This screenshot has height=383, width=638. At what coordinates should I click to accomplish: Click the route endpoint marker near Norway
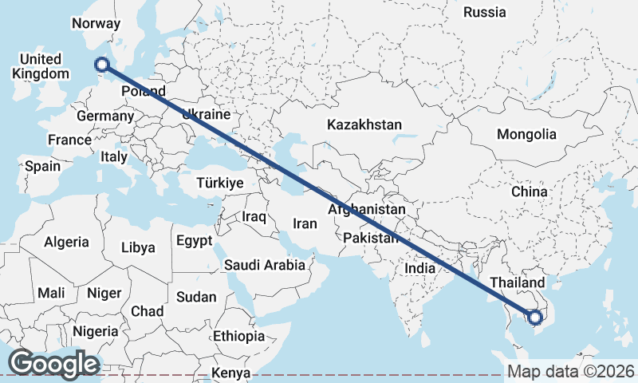click(x=101, y=65)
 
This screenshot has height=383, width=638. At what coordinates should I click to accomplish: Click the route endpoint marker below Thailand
click(x=535, y=318)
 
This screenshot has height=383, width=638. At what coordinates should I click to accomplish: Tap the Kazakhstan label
click(x=364, y=124)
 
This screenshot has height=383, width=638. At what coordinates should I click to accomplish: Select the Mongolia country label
click(x=526, y=134)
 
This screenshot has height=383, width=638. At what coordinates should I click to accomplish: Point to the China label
click(x=530, y=192)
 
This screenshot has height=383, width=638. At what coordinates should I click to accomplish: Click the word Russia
click(x=484, y=12)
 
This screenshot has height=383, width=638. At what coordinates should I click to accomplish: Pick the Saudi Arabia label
click(x=264, y=265)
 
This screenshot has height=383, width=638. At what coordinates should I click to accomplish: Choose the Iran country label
click(x=305, y=223)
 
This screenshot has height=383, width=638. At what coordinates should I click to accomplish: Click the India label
click(x=419, y=268)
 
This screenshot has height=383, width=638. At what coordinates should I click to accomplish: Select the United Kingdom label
click(x=40, y=66)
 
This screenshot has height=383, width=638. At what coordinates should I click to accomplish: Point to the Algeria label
click(x=67, y=241)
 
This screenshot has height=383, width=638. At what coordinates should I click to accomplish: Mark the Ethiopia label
click(x=238, y=336)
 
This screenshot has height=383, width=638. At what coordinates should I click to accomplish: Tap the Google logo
click(x=53, y=364)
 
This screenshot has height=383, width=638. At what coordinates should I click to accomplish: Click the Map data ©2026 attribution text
click(x=570, y=371)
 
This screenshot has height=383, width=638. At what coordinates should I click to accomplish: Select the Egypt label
click(x=194, y=240)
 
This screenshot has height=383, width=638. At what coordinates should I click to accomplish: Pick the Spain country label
click(x=42, y=166)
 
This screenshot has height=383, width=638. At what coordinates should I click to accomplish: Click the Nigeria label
click(x=95, y=330)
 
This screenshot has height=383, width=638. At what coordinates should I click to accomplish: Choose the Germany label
click(x=104, y=116)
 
